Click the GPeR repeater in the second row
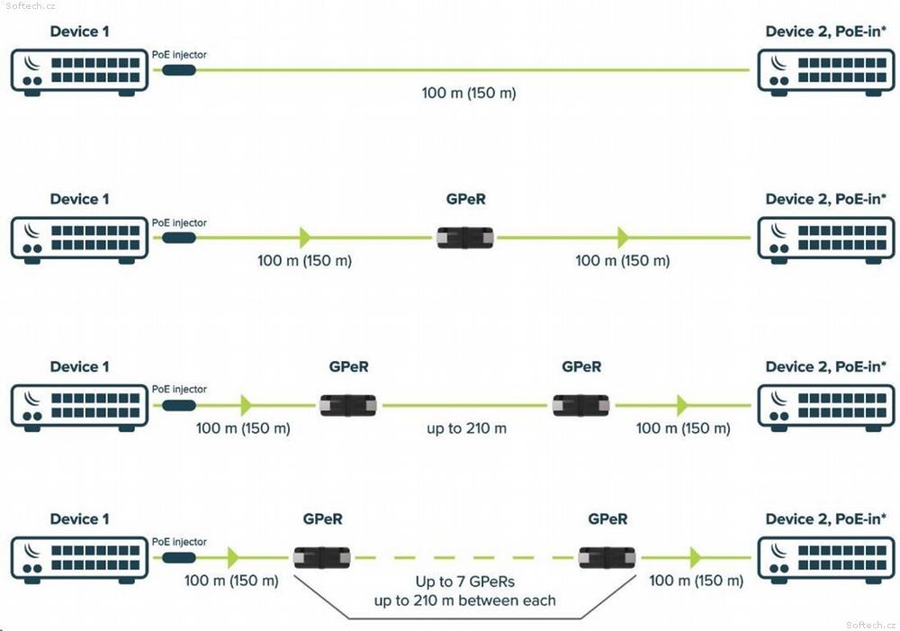[x=465, y=238]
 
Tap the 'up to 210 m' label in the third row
[x=466, y=428]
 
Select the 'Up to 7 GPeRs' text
[x=465, y=581]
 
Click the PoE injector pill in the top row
[x=179, y=70]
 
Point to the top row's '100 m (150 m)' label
[x=469, y=93]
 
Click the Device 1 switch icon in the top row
[x=79, y=72]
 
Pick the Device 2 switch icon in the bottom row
[x=826, y=560]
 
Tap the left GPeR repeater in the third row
[x=347, y=405]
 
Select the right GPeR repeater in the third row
[x=580, y=405]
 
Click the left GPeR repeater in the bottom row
[x=322, y=557]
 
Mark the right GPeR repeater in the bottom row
[x=607, y=557]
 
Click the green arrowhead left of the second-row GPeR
[x=305, y=237]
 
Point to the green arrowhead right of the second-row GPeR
[x=624, y=237]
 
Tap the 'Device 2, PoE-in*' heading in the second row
[x=826, y=199]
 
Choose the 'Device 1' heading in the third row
[x=79, y=367]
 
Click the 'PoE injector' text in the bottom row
[x=179, y=542]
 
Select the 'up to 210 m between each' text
[x=465, y=600]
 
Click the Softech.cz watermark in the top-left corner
[x=31, y=5]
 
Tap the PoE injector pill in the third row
[x=179, y=405]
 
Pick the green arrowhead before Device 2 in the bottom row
[x=696, y=557]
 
